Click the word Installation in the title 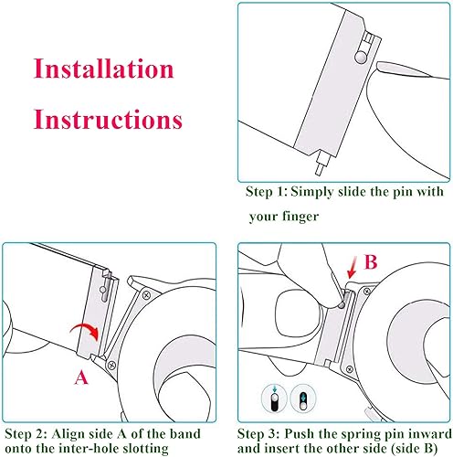103,69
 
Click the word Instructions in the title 108,119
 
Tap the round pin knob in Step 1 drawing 361,58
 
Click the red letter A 81,377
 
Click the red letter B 371,261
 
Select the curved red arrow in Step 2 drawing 85,332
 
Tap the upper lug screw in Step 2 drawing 146,295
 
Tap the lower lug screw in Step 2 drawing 111,365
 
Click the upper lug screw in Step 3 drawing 367,291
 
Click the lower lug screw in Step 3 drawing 350,369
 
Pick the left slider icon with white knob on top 275,399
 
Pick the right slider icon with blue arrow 303,399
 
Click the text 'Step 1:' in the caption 267,192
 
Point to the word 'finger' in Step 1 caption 300,217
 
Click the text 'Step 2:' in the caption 26,434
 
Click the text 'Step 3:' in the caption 258,434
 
